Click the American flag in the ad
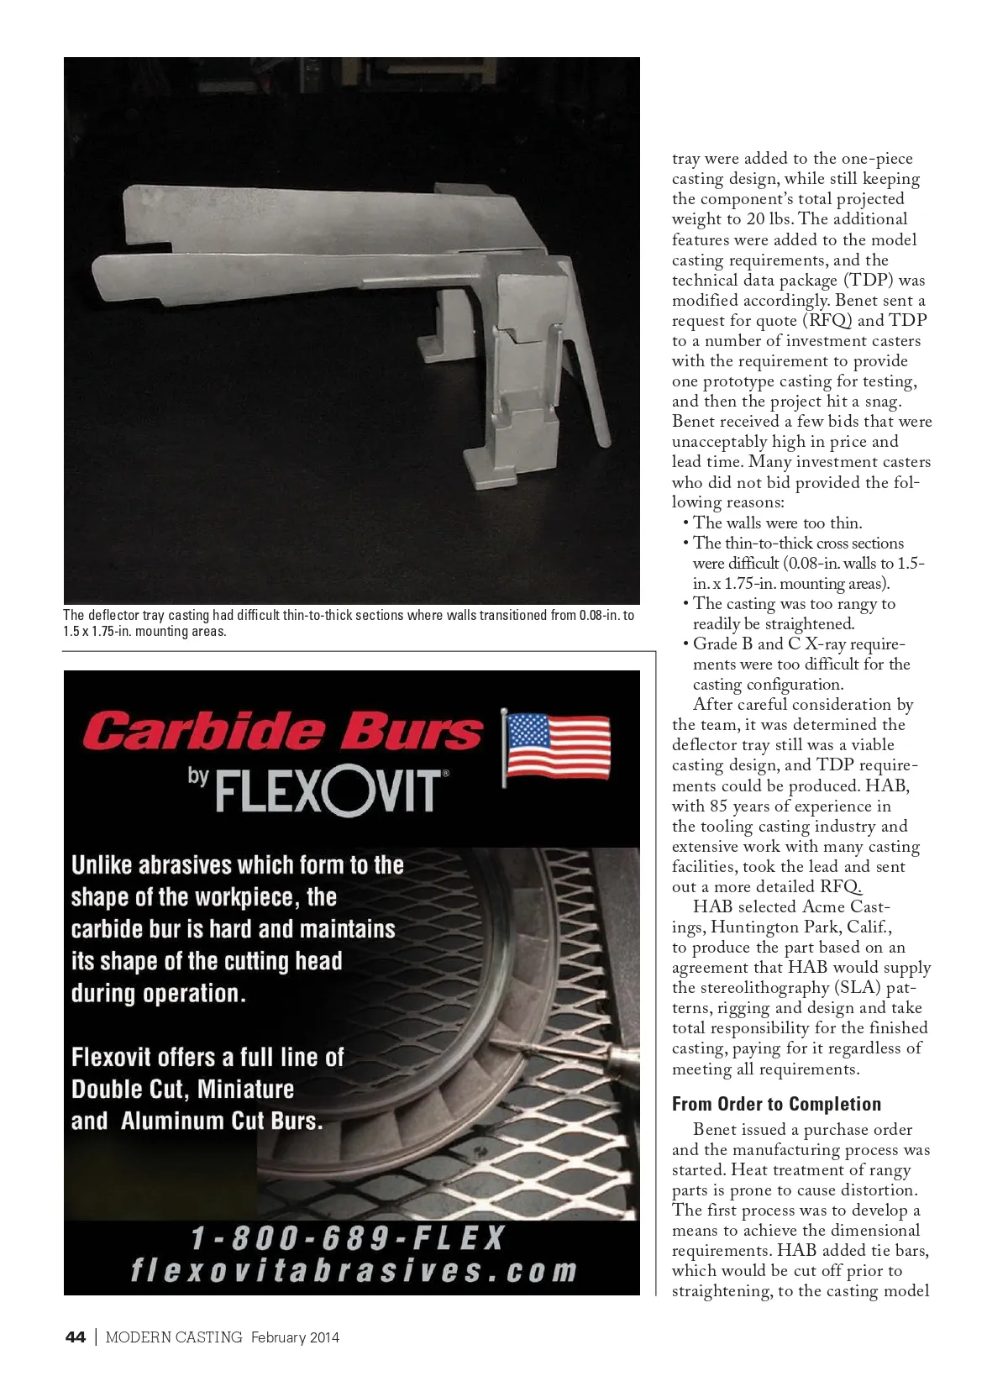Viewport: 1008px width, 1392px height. click(556, 747)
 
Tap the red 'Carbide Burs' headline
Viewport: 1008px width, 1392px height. click(282, 731)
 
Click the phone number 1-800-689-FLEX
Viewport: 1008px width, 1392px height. click(349, 1237)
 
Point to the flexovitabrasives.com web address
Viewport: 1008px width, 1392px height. click(354, 1270)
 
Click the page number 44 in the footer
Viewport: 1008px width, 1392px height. click(76, 1337)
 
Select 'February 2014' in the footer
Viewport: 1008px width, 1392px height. click(295, 1337)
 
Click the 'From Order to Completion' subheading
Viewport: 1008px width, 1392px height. click(776, 1104)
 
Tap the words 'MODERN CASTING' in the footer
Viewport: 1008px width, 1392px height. click(174, 1337)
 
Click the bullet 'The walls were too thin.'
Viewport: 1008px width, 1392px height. click(777, 523)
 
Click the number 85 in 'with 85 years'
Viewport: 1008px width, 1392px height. click(719, 806)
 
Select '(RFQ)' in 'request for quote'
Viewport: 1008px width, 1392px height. click(827, 320)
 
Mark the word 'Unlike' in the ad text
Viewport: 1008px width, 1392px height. click(101, 864)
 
